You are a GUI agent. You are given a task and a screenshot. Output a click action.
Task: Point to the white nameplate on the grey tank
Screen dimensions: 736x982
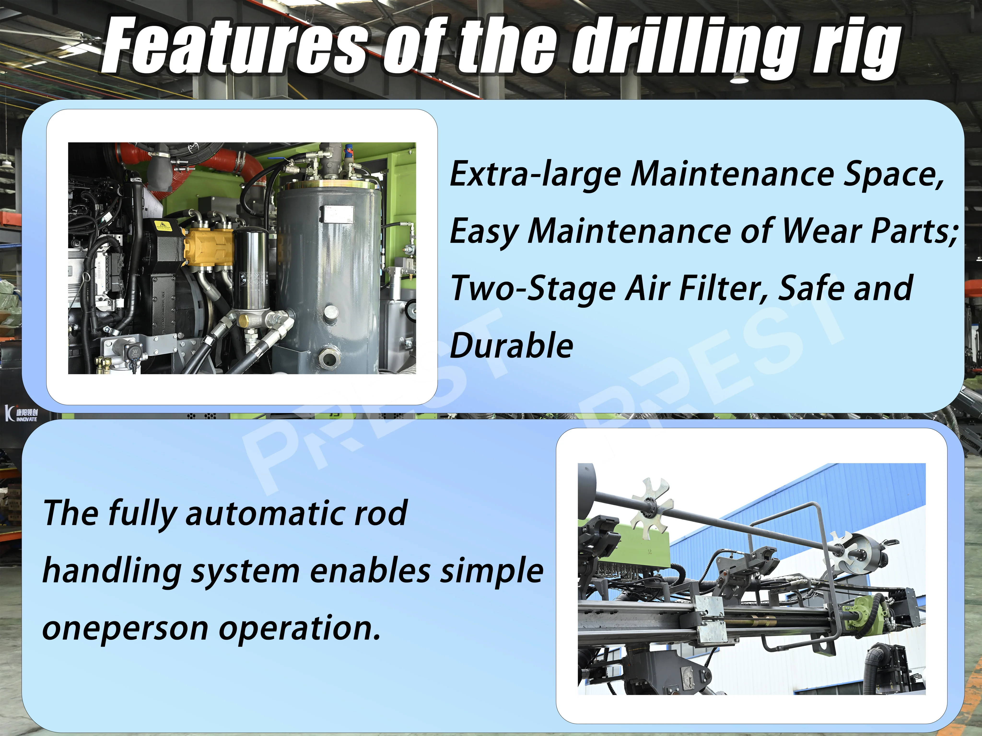tap(338, 214)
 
